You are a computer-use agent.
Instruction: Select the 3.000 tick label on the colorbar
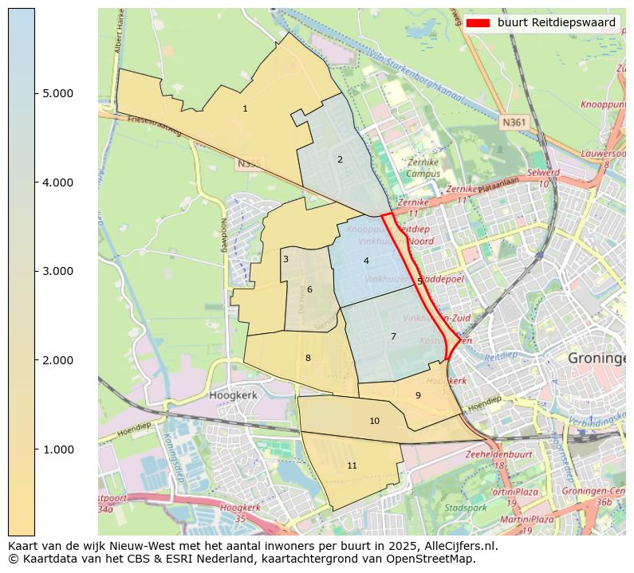57,272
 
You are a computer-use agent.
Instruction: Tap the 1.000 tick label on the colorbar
57,449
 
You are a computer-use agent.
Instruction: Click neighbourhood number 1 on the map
245,108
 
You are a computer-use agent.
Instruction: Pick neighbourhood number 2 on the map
340,159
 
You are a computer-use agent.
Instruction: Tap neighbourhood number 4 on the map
366,261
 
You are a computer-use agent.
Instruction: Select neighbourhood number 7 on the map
393,336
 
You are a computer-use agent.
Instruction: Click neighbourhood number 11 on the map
352,465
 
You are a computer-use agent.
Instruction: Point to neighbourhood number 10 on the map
374,421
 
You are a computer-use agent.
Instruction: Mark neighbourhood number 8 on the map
308,358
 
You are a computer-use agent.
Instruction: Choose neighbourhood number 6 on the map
309,289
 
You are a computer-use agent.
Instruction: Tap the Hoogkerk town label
230,394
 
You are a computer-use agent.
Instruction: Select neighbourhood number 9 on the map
418,395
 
